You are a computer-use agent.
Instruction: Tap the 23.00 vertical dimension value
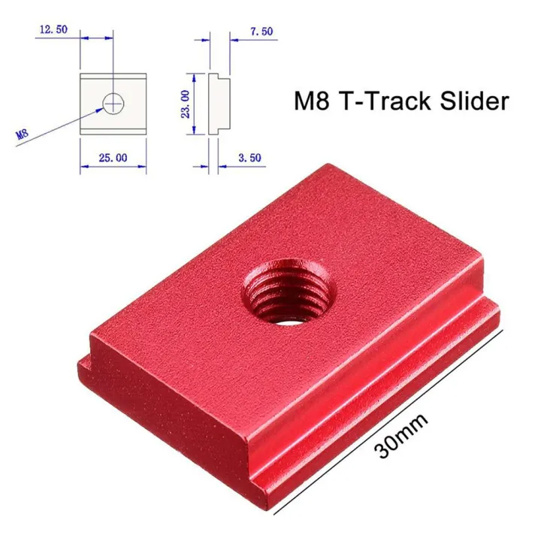coord(186,104)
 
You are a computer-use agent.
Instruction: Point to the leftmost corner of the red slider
coord(79,361)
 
